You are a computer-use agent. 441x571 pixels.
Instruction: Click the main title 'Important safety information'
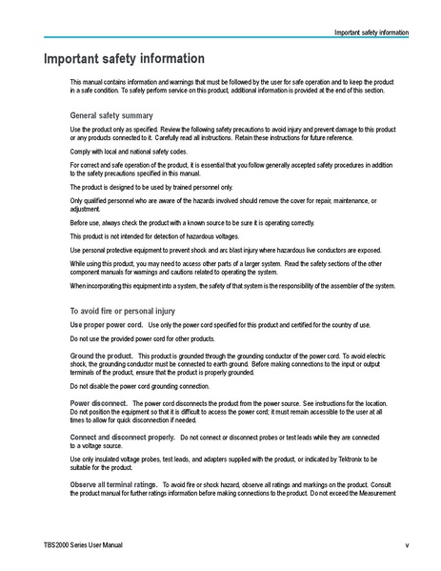click(x=124, y=59)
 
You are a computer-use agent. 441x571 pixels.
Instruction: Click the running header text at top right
click(x=371, y=32)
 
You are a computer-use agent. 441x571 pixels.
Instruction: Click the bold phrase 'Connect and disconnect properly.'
click(x=122, y=437)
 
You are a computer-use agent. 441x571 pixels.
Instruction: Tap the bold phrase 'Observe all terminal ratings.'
click(x=114, y=484)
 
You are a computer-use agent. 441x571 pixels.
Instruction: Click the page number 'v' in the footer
click(x=407, y=544)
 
